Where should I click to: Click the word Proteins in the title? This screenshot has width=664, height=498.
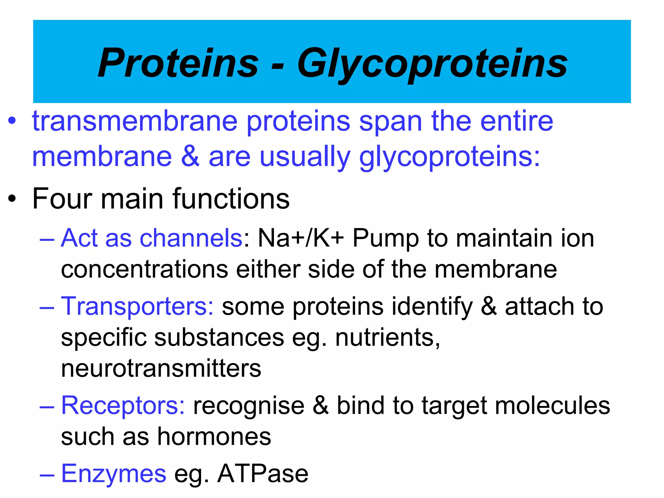tap(178, 63)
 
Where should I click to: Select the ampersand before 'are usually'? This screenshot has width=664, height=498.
tap(190, 157)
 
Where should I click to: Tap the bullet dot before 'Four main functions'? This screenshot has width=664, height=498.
tap(12, 199)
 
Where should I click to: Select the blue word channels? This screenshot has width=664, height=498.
tap(191, 238)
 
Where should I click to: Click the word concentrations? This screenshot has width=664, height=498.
tap(145, 269)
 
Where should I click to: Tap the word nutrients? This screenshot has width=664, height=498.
tap(387, 337)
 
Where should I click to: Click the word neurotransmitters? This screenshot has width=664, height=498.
tap(161, 368)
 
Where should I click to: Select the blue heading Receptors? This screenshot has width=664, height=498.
tap(123, 406)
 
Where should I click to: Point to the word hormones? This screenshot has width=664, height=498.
tap(214, 436)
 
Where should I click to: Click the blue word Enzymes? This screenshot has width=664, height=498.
tap(113, 474)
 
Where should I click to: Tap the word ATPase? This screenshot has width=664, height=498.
tap(263, 474)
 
